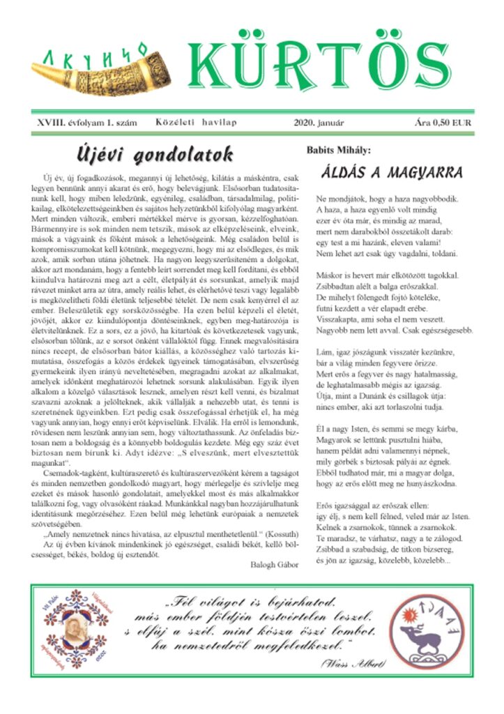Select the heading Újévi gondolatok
coord(155,153)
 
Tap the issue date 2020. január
coord(320,123)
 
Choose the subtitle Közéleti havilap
coord(197,123)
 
